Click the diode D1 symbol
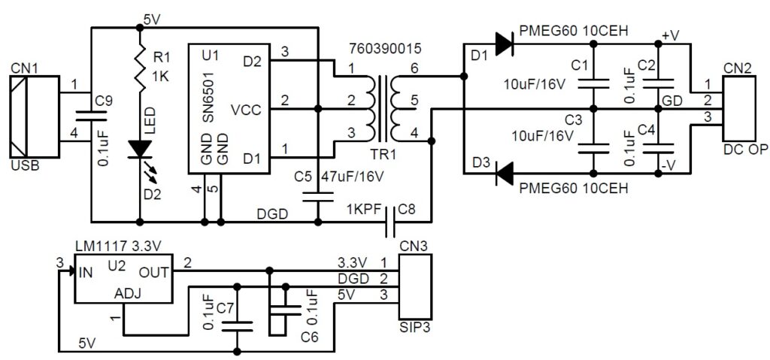coord(504,44)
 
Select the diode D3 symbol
coord(505,174)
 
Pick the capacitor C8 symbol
coord(392,222)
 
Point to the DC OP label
coord(744,150)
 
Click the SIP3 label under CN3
coord(414,328)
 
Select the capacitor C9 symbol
coord(91,116)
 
